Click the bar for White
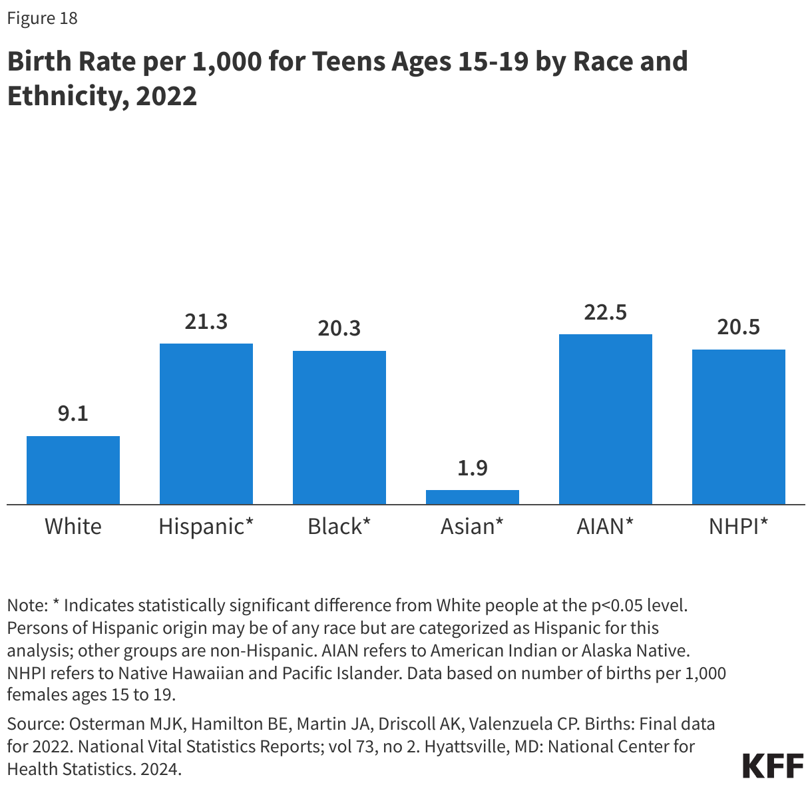(x=73, y=470)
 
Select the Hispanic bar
(x=206, y=424)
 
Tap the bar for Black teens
(x=339, y=427)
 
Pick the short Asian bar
(x=473, y=497)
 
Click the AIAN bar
(x=606, y=419)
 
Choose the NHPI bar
(x=739, y=427)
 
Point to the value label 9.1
(x=73, y=414)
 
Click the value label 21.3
(x=206, y=322)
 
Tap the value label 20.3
(x=339, y=329)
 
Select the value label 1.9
(x=473, y=468)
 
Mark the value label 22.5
(x=606, y=312)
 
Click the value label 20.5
(x=739, y=328)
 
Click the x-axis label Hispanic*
(x=206, y=527)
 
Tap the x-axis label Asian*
(x=473, y=527)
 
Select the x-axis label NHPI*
(x=739, y=527)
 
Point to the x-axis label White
(x=73, y=527)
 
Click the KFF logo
(x=773, y=766)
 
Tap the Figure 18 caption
(x=43, y=18)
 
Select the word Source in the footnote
(x=34, y=724)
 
